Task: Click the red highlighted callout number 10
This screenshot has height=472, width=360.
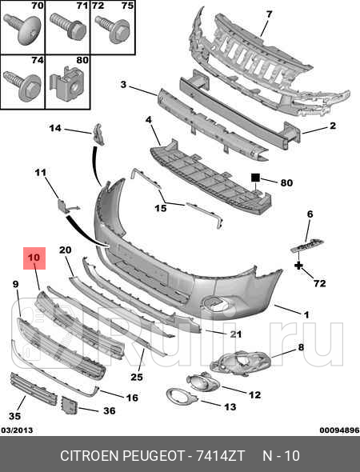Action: point(34,258)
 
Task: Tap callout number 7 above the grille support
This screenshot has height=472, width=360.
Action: point(269,14)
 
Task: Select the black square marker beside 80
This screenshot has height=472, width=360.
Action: point(255,178)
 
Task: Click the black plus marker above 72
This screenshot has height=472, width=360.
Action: point(298,266)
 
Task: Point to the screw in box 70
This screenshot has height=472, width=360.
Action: point(23,28)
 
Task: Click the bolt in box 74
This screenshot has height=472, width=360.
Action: point(23,86)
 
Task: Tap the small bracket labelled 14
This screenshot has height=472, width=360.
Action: point(98,134)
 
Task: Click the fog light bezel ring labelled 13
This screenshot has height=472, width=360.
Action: point(182,396)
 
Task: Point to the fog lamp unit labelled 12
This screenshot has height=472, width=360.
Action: point(202,382)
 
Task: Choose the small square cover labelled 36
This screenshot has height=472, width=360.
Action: point(70,405)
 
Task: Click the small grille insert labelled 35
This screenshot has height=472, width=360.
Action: point(33,389)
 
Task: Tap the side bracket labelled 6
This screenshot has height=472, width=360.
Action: point(307,246)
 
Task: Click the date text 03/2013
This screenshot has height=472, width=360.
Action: point(17,430)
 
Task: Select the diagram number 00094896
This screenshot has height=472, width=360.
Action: point(339,430)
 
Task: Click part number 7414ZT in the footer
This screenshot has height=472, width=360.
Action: point(220,456)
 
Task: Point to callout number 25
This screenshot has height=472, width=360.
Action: point(137,377)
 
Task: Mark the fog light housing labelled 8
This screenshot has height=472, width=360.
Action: point(240,362)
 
